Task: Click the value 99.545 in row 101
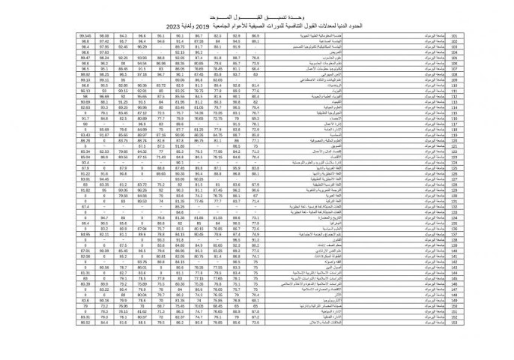coord(83,35)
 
